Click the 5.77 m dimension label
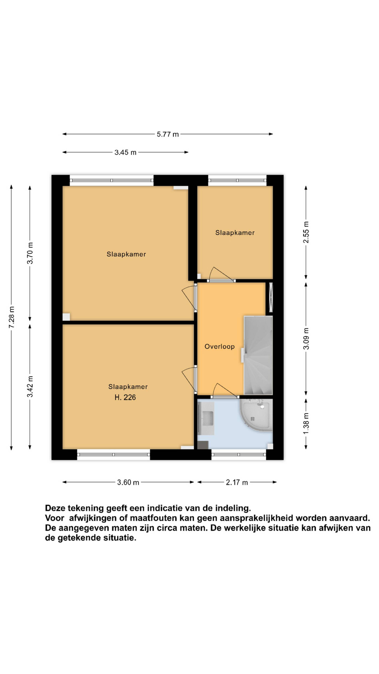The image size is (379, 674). (168, 134)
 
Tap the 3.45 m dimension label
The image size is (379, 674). (125, 152)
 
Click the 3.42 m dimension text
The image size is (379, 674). (30, 386)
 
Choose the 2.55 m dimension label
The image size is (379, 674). (306, 232)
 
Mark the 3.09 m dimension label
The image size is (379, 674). (306, 338)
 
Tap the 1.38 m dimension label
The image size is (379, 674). (306, 423)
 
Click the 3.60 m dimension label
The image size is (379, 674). (128, 482)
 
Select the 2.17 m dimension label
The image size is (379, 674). (237, 482)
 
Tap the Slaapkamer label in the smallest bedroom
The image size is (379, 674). (235, 233)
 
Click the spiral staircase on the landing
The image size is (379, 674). (258, 355)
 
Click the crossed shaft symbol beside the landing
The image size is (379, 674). (271, 297)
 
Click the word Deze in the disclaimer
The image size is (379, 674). (55, 508)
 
